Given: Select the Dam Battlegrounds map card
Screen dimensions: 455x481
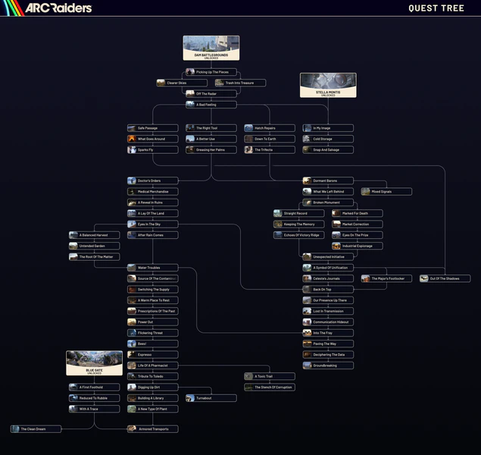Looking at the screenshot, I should pyautogui.click(x=211, y=48).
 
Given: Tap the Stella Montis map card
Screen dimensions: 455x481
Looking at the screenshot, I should pyautogui.click(x=328, y=85).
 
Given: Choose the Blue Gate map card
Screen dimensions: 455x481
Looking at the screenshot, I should pyautogui.click(x=94, y=362).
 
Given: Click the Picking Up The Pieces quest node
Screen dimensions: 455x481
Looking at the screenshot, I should pyautogui.click(x=211, y=72).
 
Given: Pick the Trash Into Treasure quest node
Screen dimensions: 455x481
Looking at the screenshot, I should pyautogui.click(x=240, y=83).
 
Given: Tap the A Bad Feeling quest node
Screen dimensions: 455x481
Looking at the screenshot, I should pyautogui.click(x=211, y=105).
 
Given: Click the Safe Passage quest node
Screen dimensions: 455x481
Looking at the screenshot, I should pyautogui.click(x=153, y=128).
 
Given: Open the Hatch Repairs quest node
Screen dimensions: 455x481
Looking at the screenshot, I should pyautogui.click(x=270, y=128).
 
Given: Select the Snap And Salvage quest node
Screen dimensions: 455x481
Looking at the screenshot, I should pyautogui.click(x=328, y=150).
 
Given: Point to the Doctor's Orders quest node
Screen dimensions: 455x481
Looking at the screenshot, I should pyautogui.click(x=153, y=180).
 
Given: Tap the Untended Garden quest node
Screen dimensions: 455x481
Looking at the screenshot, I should pyautogui.click(x=94, y=246).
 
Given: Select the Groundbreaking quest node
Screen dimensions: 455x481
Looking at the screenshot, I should pyautogui.click(x=328, y=366).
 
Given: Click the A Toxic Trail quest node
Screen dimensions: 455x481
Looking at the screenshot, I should pyautogui.click(x=270, y=376).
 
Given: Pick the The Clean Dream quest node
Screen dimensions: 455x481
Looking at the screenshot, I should pyautogui.click(x=36, y=429).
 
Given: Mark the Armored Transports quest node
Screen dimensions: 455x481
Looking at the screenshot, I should pyautogui.click(x=153, y=429).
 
